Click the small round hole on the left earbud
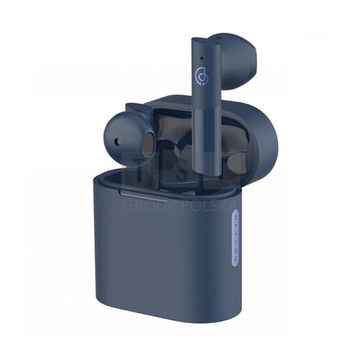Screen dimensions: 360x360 click(x=118, y=142)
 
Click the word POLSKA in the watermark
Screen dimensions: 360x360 click(x=212, y=205)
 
